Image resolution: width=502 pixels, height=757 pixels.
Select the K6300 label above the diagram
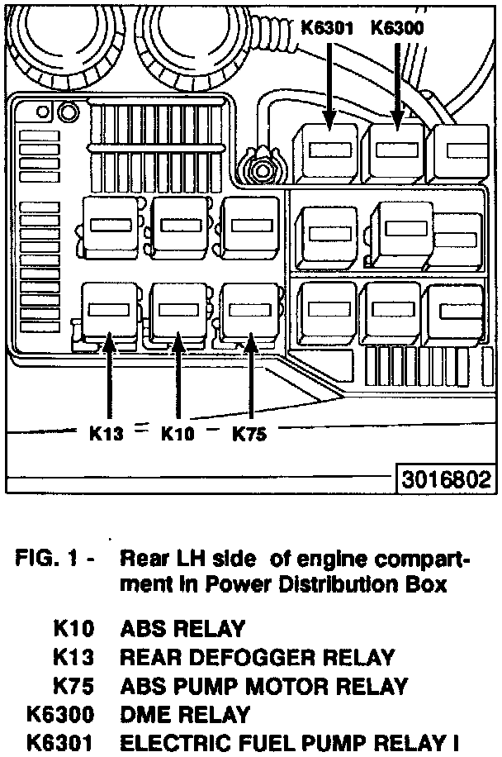pos(397,28)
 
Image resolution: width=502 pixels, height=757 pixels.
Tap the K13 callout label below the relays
pos(107,432)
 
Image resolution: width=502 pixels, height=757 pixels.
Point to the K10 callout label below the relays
pos(178,432)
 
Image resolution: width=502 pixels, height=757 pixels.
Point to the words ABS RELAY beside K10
pos(182,629)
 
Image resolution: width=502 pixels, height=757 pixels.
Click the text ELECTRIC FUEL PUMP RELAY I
pos(290,743)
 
